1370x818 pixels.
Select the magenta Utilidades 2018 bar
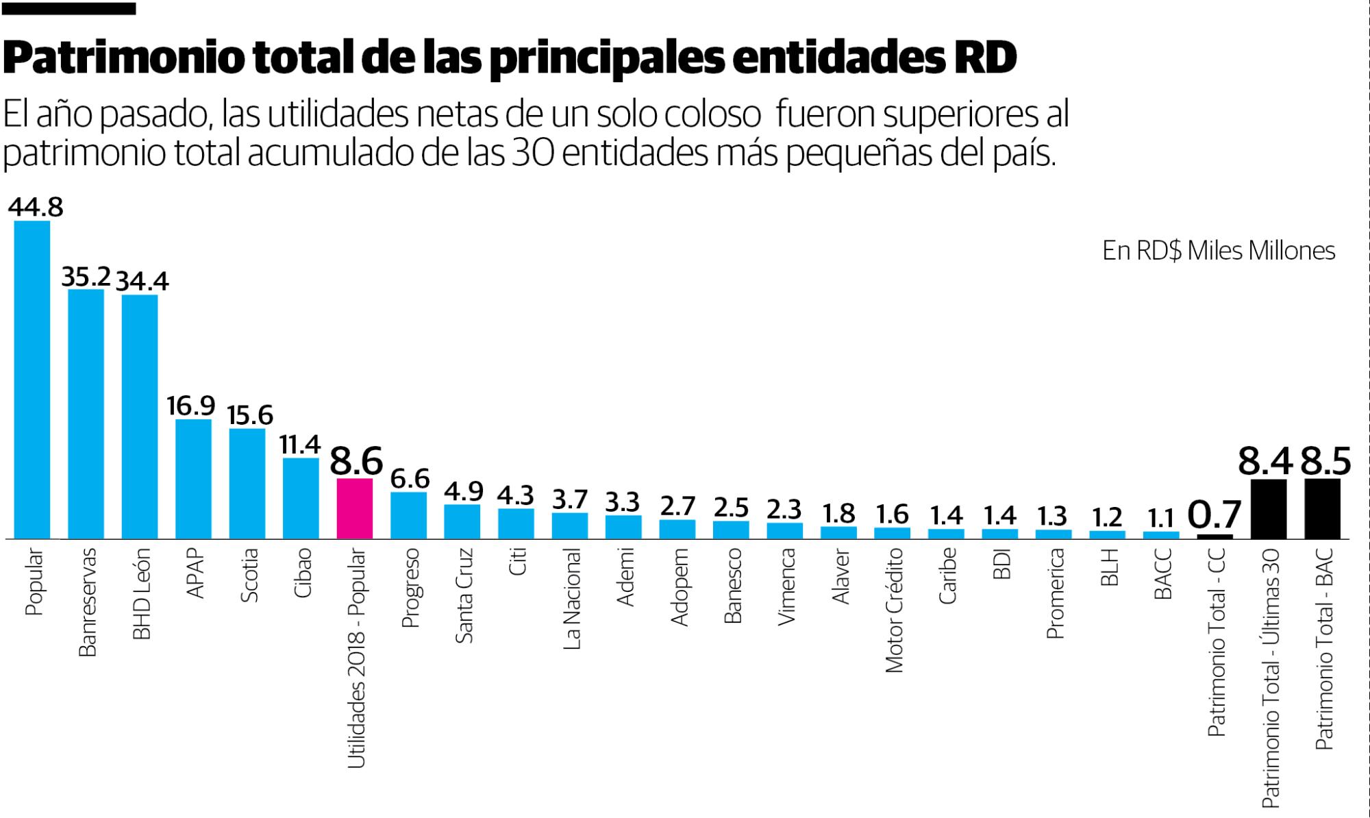pyautogui.click(x=355, y=508)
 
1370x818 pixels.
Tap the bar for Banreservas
pyautogui.click(x=86, y=414)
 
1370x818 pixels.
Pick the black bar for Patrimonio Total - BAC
pyautogui.click(x=1322, y=508)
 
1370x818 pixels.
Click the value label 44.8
pyautogui.click(x=36, y=207)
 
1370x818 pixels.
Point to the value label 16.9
pyautogui.click(x=191, y=406)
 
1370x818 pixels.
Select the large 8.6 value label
pyautogui.click(x=356, y=460)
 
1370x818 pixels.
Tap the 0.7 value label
pyautogui.click(x=1215, y=515)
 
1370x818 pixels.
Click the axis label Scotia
pyautogui.click(x=249, y=575)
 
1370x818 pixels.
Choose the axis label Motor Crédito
pyautogui.click(x=894, y=610)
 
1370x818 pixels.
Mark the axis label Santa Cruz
pyautogui.click(x=464, y=595)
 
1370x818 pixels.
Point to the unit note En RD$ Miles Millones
pyautogui.click(x=1219, y=251)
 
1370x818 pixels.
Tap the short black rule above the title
pyautogui.click(x=69, y=9)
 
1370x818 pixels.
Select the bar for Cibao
pyautogui.click(x=301, y=498)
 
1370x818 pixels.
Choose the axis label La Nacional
pyautogui.click(x=571, y=598)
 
